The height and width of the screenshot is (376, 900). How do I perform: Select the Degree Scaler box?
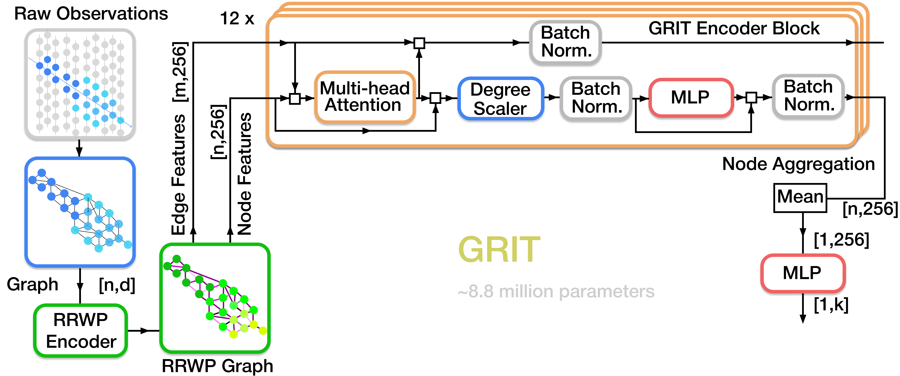[500, 98]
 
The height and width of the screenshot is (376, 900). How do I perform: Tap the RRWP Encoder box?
[81, 330]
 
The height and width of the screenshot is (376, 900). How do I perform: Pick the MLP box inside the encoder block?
[690, 97]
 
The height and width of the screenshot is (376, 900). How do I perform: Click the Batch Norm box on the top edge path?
[565, 42]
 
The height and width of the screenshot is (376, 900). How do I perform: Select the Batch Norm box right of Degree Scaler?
[596, 98]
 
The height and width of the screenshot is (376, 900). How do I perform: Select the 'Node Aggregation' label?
[798, 164]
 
